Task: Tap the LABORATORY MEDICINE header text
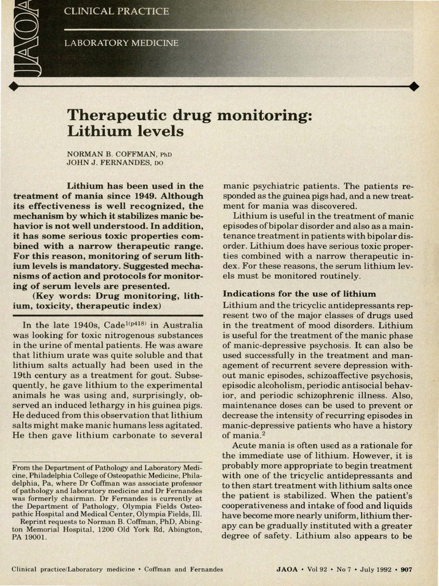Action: coord(121,43)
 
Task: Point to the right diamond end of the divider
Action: coord(414,86)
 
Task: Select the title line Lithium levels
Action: coord(125,132)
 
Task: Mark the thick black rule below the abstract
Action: coord(107,315)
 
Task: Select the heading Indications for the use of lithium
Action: coord(299,294)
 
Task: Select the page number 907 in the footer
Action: coord(406,569)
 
